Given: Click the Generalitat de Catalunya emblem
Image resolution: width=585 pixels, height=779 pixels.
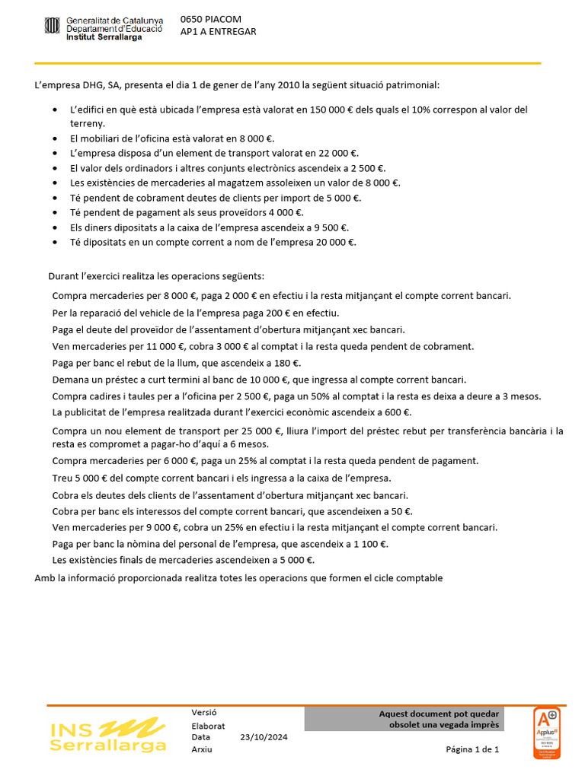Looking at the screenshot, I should [x=52, y=27].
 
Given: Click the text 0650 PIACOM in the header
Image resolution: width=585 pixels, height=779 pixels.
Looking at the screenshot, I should [x=210, y=18].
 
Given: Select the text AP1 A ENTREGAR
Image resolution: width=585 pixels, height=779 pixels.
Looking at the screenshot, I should [x=218, y=31].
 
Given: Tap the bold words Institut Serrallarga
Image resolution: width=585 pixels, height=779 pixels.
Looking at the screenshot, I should [x=104, y=37].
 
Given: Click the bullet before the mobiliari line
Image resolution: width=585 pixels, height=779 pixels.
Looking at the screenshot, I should [x=54, y=138].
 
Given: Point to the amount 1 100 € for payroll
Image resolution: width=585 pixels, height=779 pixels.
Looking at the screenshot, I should [x=368, y=544].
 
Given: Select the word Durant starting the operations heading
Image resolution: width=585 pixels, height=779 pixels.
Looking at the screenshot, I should [x=64, y=275].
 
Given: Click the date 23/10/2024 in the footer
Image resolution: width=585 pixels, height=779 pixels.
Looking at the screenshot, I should [x=264, y=736].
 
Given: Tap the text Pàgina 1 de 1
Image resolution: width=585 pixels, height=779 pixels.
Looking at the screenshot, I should [x=472, y=749].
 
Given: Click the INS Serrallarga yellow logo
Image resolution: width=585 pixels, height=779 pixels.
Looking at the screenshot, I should [x=107, y=736].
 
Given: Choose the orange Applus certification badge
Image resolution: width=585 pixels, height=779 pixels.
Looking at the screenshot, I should [x=546, y=733].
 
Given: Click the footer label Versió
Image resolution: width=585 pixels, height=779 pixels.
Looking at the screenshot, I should [x=204, y=713].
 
